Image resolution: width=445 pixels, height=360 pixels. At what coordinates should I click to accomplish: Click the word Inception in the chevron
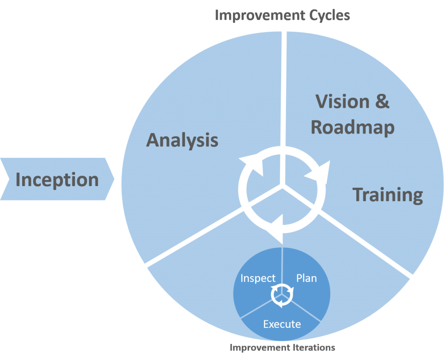[x=57, y=180]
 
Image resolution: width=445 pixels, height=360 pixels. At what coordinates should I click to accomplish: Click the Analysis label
[x=182, y=140]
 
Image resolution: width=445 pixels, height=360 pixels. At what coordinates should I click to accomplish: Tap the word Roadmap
[x=352, y=127]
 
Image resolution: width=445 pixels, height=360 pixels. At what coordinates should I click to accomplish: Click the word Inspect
[x=258, y=278]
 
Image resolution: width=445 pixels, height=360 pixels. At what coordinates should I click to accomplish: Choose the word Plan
[x=306, y=278]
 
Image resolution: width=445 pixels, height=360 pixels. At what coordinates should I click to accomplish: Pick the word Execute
[x=282, y=324]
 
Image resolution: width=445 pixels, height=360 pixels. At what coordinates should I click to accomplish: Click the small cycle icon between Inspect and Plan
[x=282, y=296]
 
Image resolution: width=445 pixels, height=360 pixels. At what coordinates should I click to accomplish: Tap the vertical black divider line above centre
[x=284, y=87]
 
